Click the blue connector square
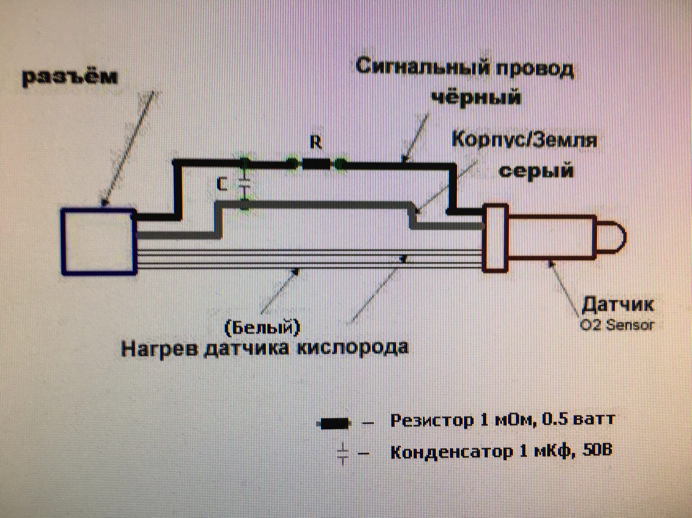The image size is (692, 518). tap(98, 242)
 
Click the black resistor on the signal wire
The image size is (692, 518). tap(316, 165)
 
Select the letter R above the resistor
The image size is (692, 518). tap(316, 144)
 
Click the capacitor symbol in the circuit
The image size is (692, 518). tap(245, 184)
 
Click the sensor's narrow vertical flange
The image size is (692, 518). tap(495, 238)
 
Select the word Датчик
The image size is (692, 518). tap(617, 305)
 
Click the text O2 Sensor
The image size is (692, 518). tap(617, 325)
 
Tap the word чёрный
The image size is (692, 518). tap(477, 97)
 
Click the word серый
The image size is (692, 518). tap(536, 171)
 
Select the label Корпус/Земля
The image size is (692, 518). tap(524, 140)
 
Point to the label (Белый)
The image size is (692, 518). tap(262, 327)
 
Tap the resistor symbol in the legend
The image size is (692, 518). tap(335, 424)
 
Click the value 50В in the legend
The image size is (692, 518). tap(596, 451)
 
